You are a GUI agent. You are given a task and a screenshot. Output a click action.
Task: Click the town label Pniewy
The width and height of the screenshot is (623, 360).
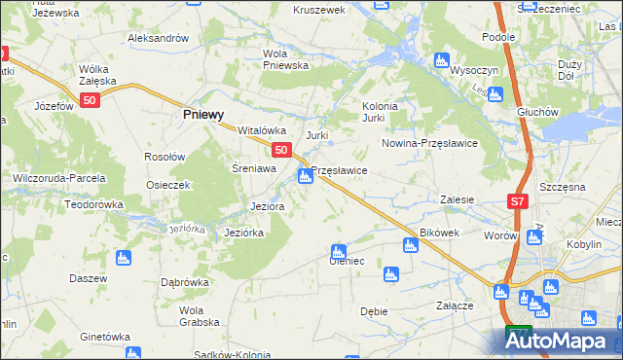coord(204,114)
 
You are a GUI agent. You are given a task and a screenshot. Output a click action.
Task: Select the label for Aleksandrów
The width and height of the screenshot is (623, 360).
coord(157,38)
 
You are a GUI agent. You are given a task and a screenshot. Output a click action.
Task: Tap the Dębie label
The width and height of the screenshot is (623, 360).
coord(374,311)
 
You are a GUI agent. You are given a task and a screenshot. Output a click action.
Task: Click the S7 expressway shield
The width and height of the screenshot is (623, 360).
coord(519,201)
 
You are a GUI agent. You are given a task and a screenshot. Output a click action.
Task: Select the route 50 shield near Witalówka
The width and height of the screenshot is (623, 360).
coord(281,150)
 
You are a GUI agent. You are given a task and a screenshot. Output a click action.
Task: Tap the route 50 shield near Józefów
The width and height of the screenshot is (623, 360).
coord(90,100)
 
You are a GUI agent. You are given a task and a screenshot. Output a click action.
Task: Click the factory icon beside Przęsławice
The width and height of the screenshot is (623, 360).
coord(306,176)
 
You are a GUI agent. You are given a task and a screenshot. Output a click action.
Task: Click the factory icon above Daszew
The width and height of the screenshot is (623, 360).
coord(123,258)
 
